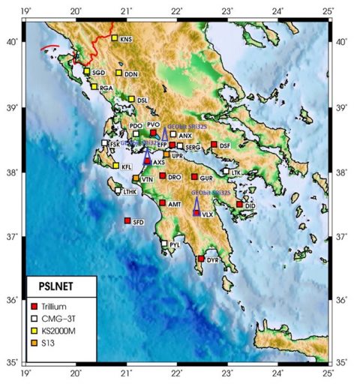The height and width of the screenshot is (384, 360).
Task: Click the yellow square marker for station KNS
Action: tap(115, 38)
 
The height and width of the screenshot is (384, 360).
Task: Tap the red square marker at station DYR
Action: tap(201, 259)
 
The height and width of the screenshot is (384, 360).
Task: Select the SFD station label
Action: tap(138, 223)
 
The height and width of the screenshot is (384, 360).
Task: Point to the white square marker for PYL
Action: tap(164, 243)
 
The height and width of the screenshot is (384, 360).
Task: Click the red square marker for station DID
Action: tap(239, 204)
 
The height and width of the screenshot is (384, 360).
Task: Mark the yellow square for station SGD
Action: tap(86, 72)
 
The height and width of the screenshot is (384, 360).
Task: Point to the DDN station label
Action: tap(131, 75)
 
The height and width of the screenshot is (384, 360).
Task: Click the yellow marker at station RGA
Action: tap(94, 87)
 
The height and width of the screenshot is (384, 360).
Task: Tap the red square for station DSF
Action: tap(214, 145)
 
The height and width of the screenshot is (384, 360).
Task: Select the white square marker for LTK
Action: tap(225, 172)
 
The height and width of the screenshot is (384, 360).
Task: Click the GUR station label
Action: tap(207, 178)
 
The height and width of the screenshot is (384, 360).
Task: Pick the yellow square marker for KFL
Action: tap(115, 166)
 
